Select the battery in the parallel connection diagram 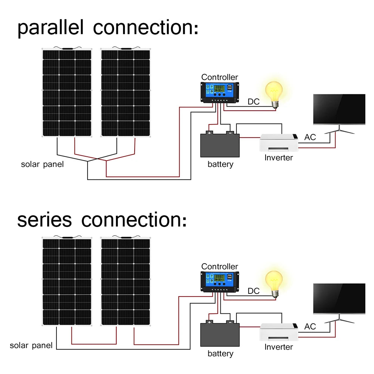coord(220,145)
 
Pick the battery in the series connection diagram coord(220,334)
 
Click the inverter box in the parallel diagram coord(279,142)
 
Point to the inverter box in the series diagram coord(279,331)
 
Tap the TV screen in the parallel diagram coord(339,109)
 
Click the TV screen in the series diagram coord(339,298)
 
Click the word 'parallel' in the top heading coord(52,28)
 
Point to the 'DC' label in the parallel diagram coord(254,102)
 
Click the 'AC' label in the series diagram coord(310,327)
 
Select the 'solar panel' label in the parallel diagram coord(42,164)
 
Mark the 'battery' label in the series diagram coord(220,353)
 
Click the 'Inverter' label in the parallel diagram coord(279,157)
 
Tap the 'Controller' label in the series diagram coord(220,266)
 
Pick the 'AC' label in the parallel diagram coord(310,137)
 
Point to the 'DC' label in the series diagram coord(254,291)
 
